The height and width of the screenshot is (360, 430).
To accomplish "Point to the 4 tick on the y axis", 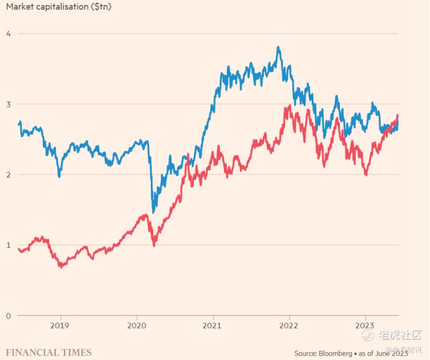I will tap(8, 33).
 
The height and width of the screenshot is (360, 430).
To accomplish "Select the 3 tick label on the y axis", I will tap(8, 104).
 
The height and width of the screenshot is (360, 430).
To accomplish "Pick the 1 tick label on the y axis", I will tap(8, 245).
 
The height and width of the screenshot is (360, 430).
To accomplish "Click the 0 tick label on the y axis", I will tap(8, 315).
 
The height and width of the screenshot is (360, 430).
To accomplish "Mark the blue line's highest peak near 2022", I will tap(278, 47).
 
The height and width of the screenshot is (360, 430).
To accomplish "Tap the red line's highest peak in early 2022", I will tap(290, 106).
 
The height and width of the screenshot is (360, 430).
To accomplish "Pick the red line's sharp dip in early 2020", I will tap(154, 245).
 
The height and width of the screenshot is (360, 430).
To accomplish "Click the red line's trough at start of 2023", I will tap(366, 175).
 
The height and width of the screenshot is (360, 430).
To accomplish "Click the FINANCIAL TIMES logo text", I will tap(46, 352).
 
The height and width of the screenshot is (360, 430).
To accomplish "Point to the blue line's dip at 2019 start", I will tap(59, 176).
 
